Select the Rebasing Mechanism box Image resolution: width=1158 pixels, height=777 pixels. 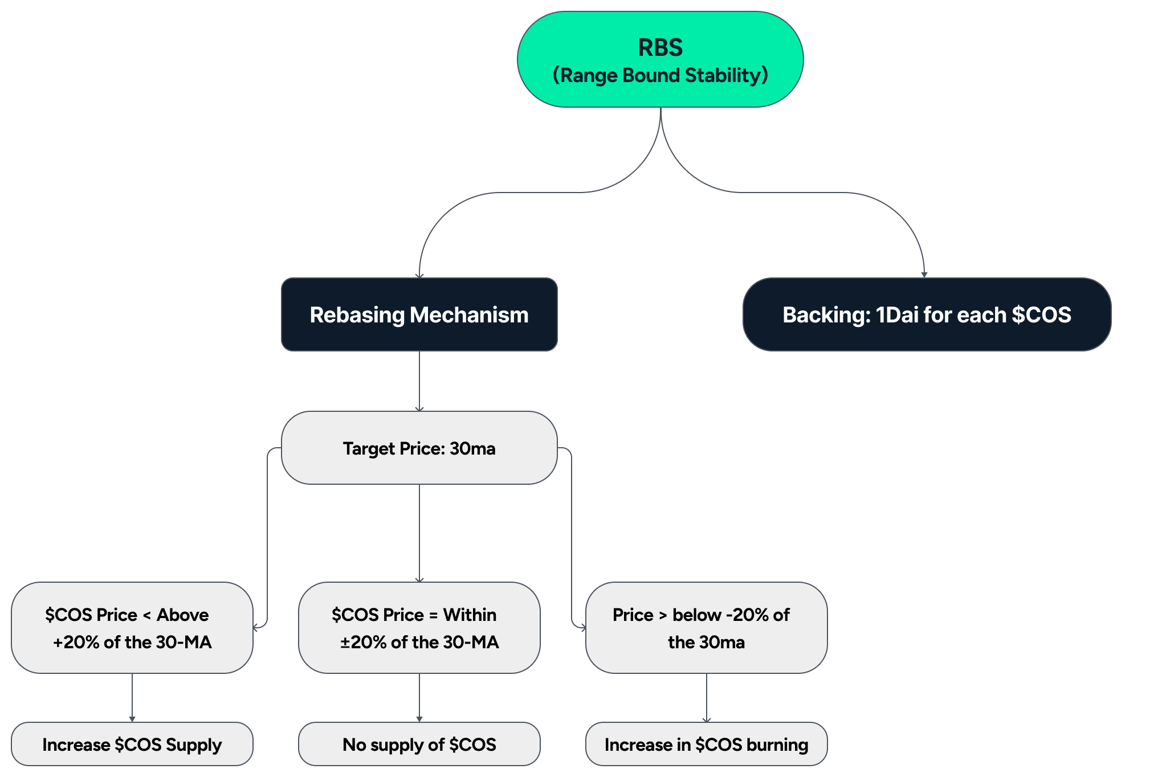pyautogui.click(x=419, y=314)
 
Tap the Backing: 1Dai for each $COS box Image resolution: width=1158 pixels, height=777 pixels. pyautogui.click(x=927, y=314)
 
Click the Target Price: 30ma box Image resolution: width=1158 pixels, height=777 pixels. pyautogui.click(x=419, y=448)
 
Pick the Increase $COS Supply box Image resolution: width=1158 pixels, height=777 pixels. pyautogui.click(x=132, y=745)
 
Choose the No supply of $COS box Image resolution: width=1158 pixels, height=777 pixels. pyautogui.click(x=419, y=745)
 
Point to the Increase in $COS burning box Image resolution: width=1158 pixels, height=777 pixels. pyautogui.click(x=706, y=745)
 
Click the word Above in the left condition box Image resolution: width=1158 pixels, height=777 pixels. pyautogui.click(x=182, y=615)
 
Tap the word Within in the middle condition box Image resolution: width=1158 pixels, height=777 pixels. pyautogui.click(x=470, y=615)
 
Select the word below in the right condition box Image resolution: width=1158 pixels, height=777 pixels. pyautogui.click(x=697, y=615)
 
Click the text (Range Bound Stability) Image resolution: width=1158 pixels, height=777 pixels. pyautogui.click(x=660, y=75)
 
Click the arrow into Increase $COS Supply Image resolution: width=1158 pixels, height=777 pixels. pyautogui.click(x=132, y=698)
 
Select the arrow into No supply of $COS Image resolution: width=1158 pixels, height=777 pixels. pyautogui.click(x=419, y=698)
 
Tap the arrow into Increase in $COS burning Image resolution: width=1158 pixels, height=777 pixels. pyautogui.click(x=707, y=698)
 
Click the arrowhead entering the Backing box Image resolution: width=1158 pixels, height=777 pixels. pyautogui.click(x=924, y=275)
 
